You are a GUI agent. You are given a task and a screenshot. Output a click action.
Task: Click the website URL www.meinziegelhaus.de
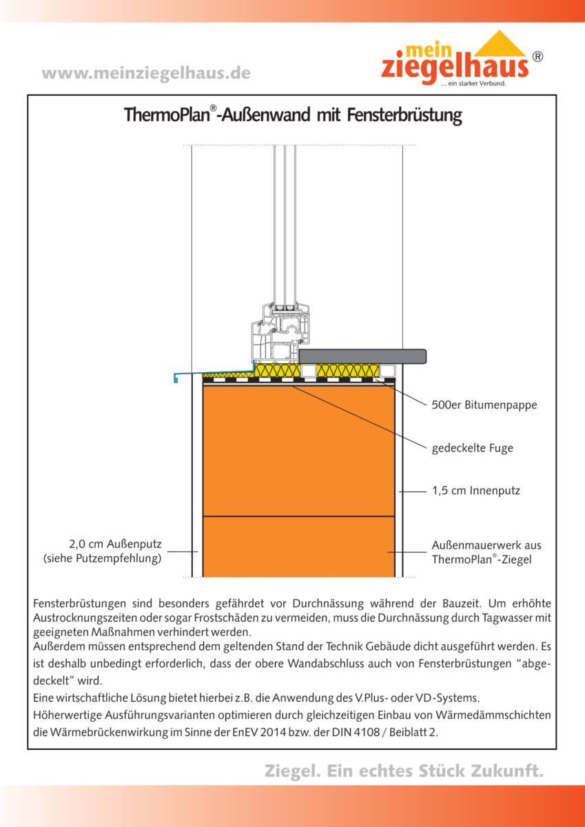pyautogui.click(x=146, y=73)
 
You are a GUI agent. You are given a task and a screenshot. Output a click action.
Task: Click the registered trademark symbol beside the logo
pyautogui.click(x=537, y=57)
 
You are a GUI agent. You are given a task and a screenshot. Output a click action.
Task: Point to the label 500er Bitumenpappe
pyautogui.click(x=484, y=405)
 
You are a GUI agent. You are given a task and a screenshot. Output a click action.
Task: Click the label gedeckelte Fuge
pyautogui.click(x=472, y=448)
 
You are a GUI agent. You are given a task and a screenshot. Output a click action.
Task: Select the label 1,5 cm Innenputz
pyautogui.click(x=475, y=491)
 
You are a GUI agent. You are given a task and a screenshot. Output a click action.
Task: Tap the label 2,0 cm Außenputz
pyautogui.click(x=116, y=544)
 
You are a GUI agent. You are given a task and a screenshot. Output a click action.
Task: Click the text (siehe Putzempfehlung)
pyautogui.click(x=102, y=558)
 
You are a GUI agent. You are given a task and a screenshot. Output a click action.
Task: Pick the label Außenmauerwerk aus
pyautogui.click(x=486, y=545)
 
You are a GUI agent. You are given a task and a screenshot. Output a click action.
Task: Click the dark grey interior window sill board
pyautogui.click(x=363, y=356)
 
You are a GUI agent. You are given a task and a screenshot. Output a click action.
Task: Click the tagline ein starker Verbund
pyautogui.click(x=473, y=84)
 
